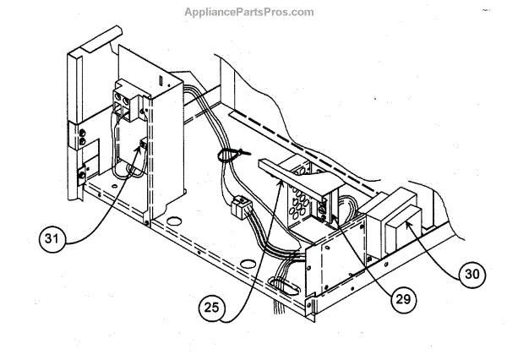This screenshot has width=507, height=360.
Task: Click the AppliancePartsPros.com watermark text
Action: pos(247,12)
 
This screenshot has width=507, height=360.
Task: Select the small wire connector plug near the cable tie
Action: pos(239,205)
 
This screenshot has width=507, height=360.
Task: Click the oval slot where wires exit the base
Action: pos(278,286)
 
